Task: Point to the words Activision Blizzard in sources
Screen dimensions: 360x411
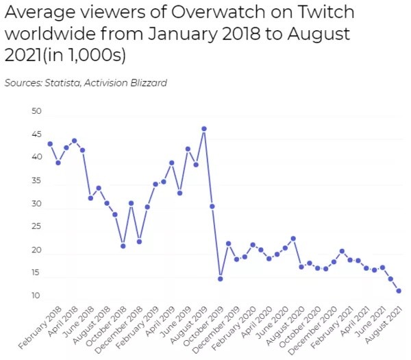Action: coord(131,83)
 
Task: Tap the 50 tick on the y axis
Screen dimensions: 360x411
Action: coord(36,111)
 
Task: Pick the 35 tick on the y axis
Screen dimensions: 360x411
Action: coord(36,181)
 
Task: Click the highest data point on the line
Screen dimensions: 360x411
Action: coord(204,129)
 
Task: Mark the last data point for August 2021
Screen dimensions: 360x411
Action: coord(399,291)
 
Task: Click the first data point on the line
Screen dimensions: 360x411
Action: coord(50,144)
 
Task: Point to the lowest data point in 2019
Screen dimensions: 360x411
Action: coord(221,279)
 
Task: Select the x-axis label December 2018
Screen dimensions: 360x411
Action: coord(123,329)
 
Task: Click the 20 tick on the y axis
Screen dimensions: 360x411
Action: coord(36,251)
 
